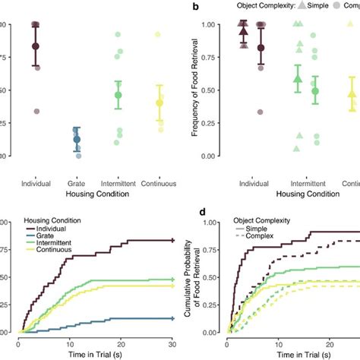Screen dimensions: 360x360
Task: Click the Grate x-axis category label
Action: coord(76,182)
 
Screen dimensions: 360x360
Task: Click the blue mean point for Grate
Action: coord(76,139)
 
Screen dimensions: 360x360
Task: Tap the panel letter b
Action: coord(196,6)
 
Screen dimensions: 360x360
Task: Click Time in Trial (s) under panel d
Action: coord(296,353)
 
